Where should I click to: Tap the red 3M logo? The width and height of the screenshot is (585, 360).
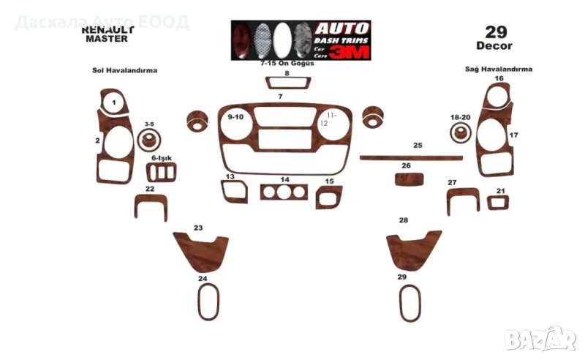point(349,51)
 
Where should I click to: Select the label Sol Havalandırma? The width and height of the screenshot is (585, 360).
point(125,71)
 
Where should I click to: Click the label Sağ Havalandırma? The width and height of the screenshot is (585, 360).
point(499,70)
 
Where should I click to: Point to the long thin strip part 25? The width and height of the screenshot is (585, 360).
point(411,157)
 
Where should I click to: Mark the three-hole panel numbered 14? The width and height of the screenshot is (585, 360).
point(285,193)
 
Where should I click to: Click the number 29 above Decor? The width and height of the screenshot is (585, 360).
point(494,32)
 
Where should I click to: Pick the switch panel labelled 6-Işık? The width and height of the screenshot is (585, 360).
point(162,173)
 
